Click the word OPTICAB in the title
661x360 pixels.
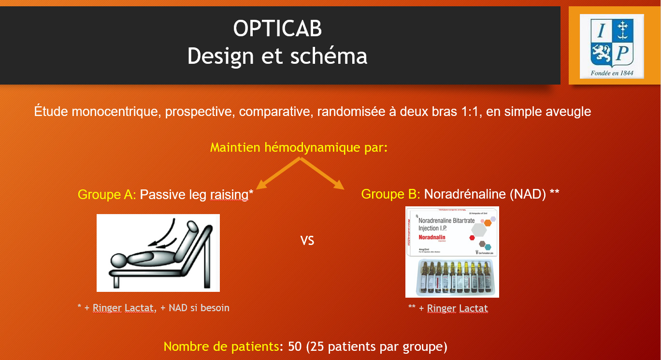tap(277, 29)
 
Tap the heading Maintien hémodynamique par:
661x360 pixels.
tap(299, 147)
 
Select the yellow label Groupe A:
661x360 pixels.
tap(107, 194)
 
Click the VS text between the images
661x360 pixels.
tap(307, 240)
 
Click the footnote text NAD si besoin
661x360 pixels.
tap(199, 307)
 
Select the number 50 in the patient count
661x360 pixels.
tap(295, 346)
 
